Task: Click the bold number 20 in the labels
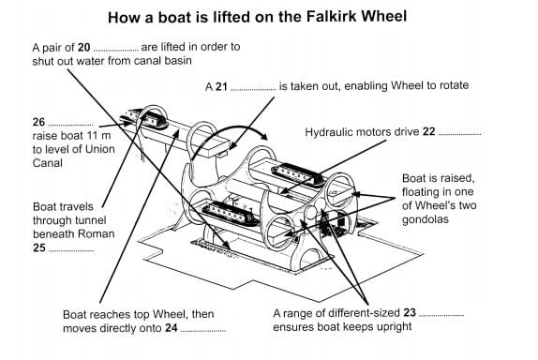pos(83,47)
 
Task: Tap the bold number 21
pos(221,86)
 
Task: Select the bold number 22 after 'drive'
pos(429,132)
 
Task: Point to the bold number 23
pos(410,312)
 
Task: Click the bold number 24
pos(172,328)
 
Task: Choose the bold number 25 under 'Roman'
pos(39,247)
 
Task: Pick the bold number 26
pos(38,122)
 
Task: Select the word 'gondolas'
pos(426,219)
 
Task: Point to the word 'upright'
pos(395,326)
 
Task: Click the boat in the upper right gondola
pos(297,174)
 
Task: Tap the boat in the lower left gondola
pos(231,214)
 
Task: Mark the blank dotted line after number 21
pos(254,90)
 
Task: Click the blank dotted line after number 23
pos(441,316)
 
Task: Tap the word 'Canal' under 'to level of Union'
pos(48,163)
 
